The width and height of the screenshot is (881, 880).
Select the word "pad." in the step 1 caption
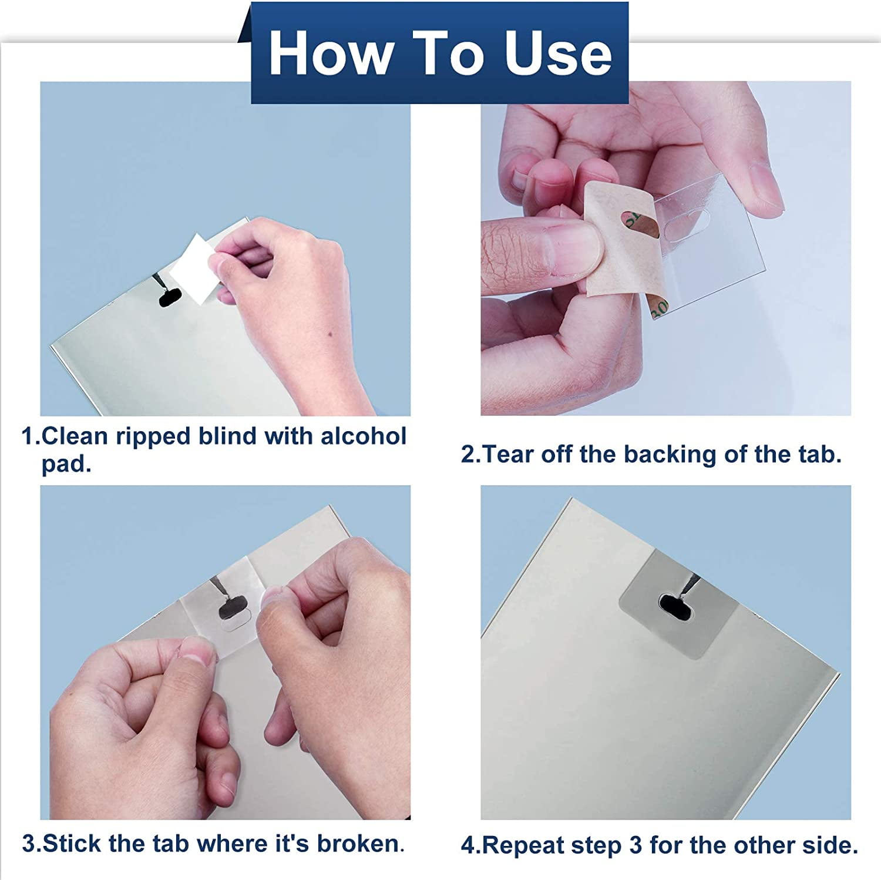[66, 464]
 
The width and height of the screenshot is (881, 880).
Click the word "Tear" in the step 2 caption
[508, 455]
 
